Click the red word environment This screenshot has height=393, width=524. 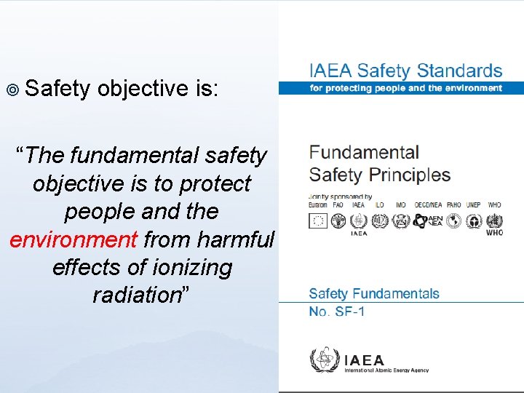[74, 239]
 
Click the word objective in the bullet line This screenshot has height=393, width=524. [143, 89]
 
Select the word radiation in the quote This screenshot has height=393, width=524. [136, 295]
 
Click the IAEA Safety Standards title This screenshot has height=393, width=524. [405, 71]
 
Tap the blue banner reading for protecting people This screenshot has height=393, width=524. [405, 88]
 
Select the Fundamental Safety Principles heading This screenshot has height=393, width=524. [379, 164]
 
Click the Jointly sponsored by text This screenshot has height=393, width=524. [341, 196]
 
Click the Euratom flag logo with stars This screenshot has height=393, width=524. [318, 221]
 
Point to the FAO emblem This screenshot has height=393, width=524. [338, 221]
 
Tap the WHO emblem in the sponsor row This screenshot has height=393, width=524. [494, 220]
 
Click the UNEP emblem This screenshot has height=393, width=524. [474, 221]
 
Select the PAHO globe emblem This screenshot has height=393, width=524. [454, 221]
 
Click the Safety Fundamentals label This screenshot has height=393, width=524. [374, 294]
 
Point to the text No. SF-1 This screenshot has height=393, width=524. [337, 311]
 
